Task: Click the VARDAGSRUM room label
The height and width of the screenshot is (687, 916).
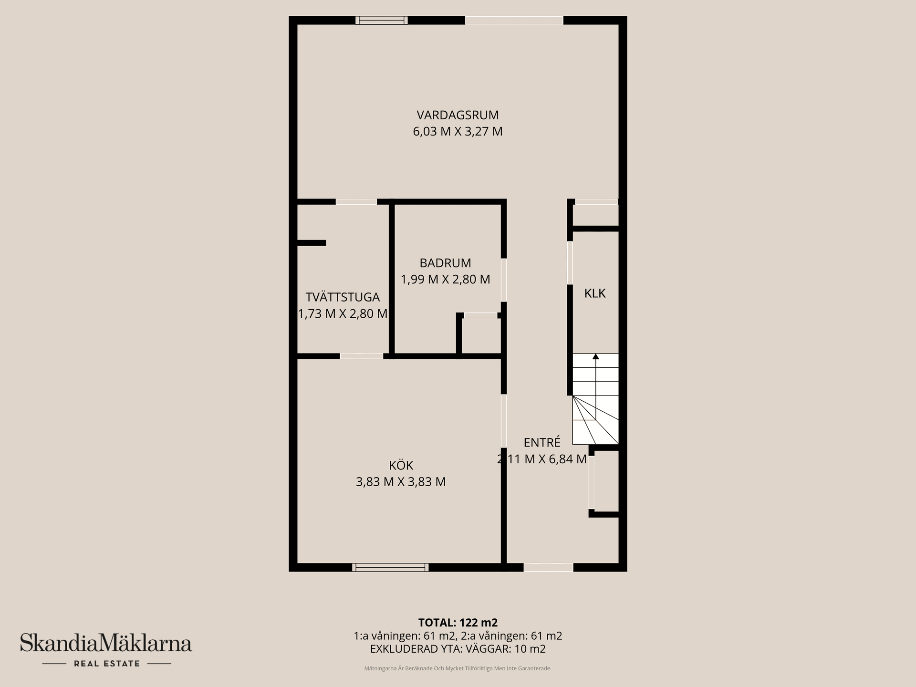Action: [x=458, y=115]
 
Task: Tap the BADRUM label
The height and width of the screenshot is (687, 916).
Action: [x=445, y=263]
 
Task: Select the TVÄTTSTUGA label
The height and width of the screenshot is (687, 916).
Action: [x=343, y=297]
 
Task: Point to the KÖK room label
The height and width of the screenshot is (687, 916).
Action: [x=401, y=465]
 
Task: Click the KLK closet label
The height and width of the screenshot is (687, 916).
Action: [x=595, y=293]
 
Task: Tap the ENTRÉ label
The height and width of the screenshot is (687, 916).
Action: [x=542, y=442]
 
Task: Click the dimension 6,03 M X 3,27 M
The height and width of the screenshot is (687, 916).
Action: [x=458, y=131]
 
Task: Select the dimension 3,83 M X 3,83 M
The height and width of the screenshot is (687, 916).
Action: [x=401, y=482]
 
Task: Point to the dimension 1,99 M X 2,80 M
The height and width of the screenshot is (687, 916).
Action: [x=445, y=279]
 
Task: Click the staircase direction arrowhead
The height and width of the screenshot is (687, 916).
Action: [x=595, y=356]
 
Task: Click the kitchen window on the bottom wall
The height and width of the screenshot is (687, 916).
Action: [x=390, y=567]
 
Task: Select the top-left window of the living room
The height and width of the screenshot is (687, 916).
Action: [x=382, y=20]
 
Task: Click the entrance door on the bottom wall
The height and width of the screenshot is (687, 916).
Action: [x=548, y=567]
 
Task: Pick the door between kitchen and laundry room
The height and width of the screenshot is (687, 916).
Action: [x=361, y=356]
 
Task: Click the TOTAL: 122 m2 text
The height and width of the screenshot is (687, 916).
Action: [x=458, y=623]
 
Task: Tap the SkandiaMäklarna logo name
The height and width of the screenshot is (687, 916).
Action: [x=106, y=643]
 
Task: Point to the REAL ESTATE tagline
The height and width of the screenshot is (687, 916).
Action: [x=107, y=664]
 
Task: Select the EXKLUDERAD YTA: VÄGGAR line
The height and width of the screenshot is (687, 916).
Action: [x=458, y=649]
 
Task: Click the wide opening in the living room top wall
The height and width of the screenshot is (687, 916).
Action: [x=514, y=20]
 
